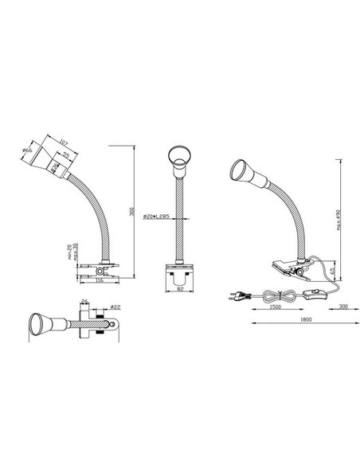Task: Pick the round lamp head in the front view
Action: tap(180, 160)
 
